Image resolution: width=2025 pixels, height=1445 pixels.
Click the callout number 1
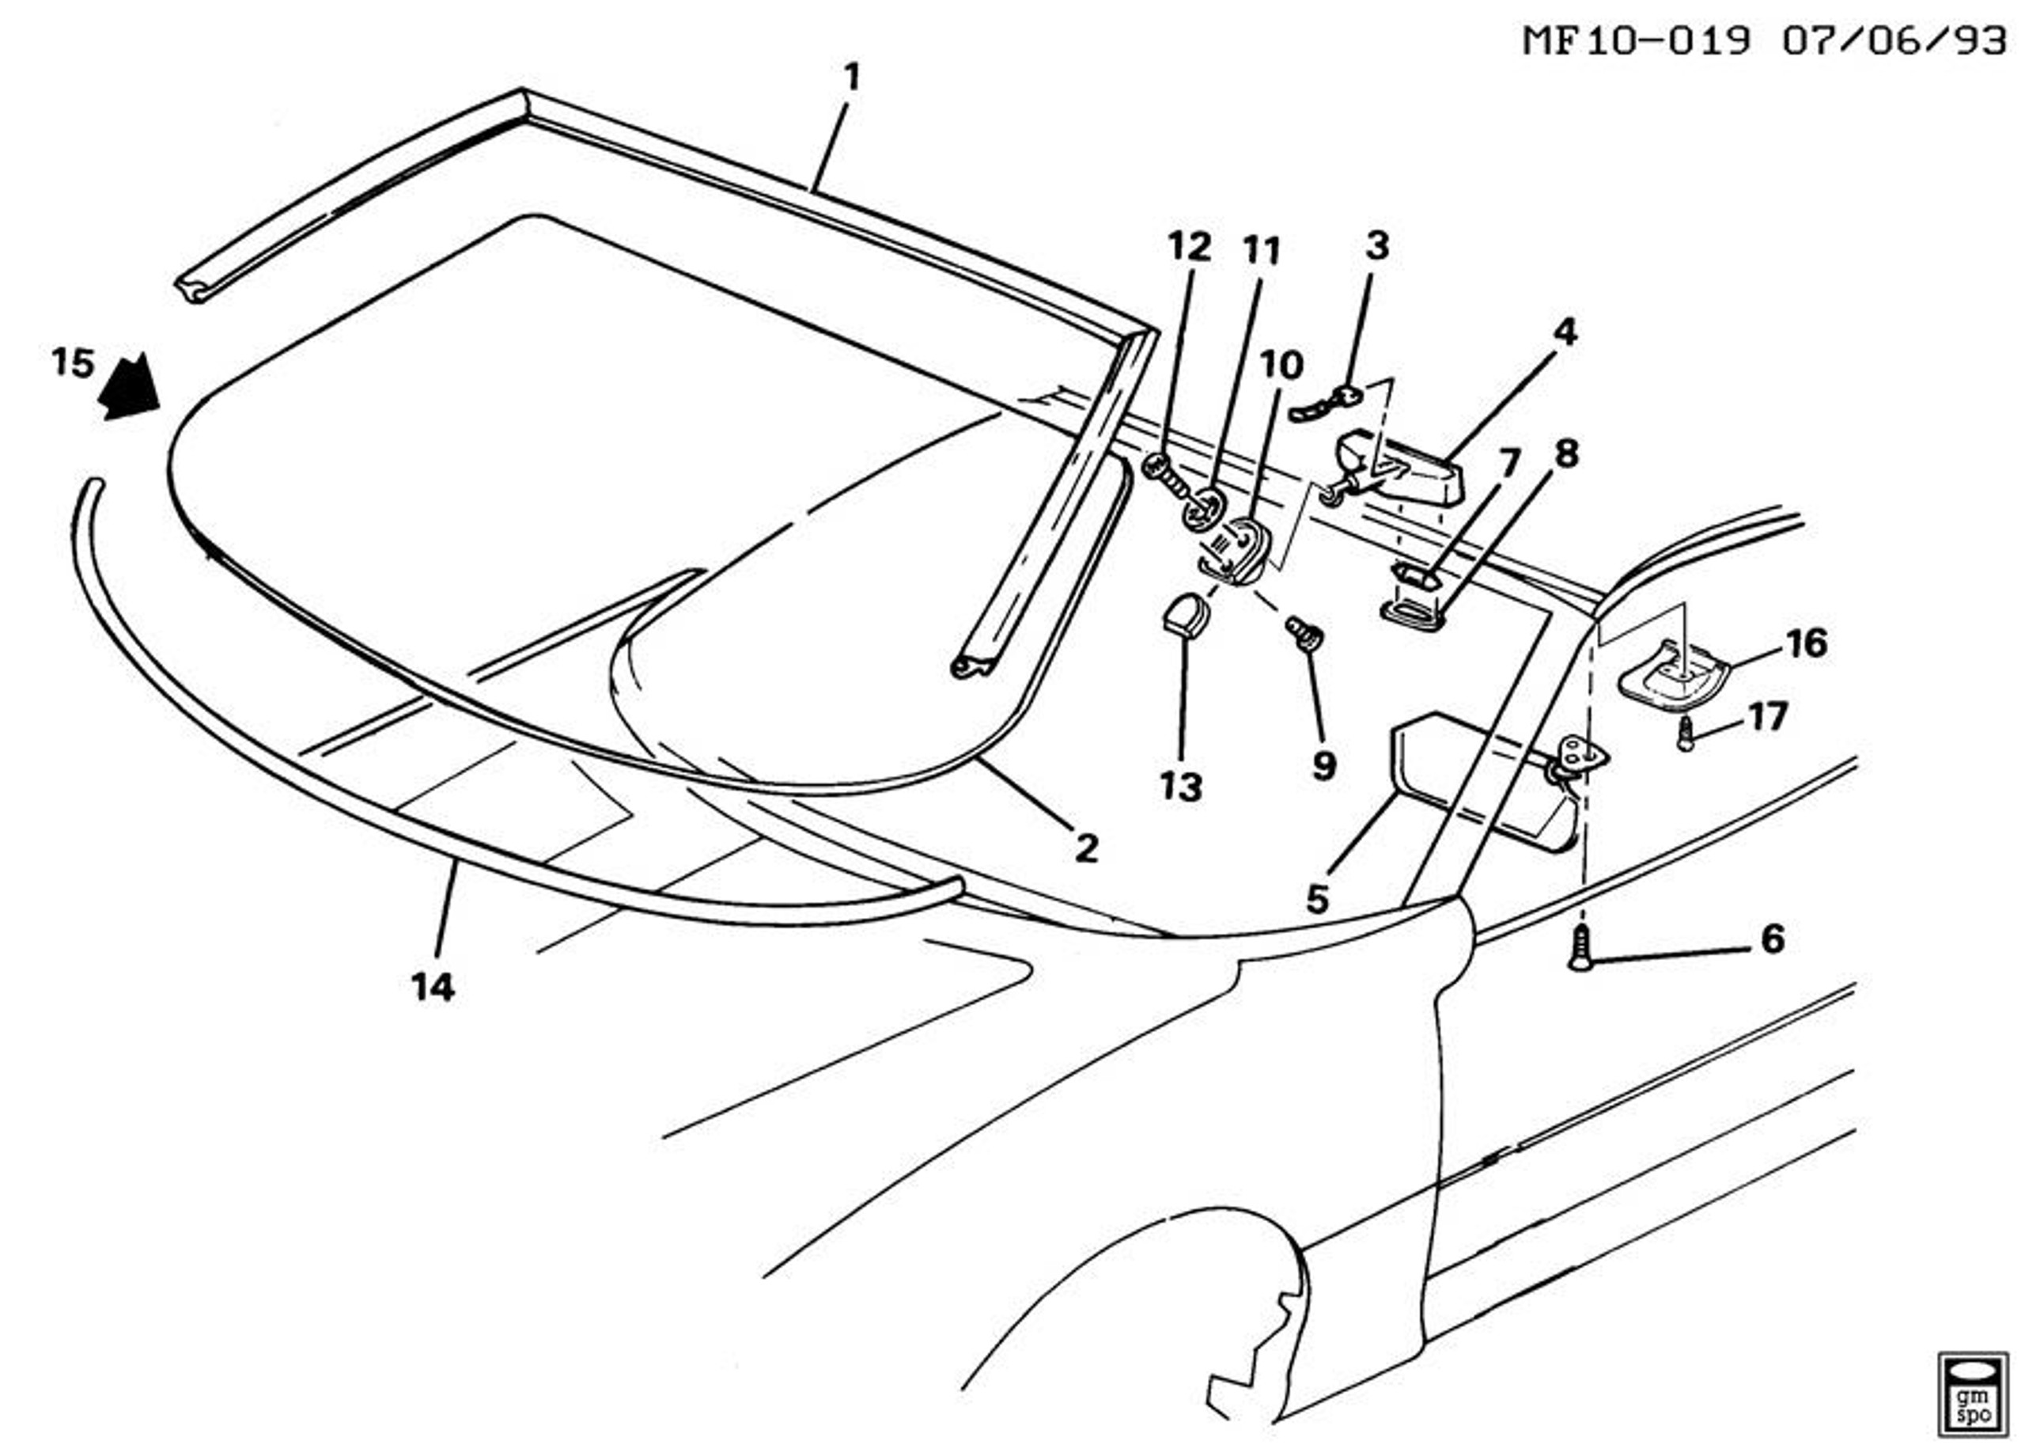[x=851, y=78]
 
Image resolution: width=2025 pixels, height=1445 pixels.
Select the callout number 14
[x=433, y=987]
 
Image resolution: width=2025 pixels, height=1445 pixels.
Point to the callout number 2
[x=1086, y=849]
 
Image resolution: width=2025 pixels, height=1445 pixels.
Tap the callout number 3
[x=1376, y=245]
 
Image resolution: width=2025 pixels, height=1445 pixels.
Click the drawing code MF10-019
[x=1637, y=41]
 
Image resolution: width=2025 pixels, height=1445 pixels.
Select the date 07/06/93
[x=1894, y=41]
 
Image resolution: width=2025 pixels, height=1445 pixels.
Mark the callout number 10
[x=1281, y=365]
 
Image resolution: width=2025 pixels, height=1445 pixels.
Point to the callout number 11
[x=1262, y=252]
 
